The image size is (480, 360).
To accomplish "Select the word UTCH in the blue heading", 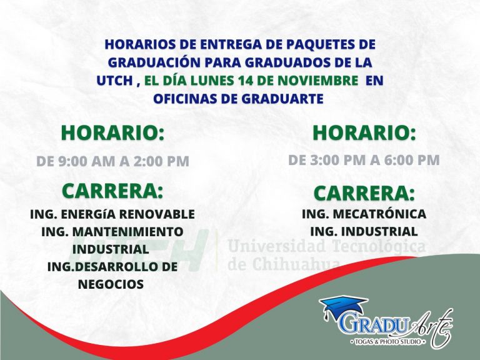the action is click(x=115, y=81).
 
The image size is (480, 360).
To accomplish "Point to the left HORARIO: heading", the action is click(x=112, y=133).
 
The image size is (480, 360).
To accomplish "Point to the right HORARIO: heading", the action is click(x=364, y=133).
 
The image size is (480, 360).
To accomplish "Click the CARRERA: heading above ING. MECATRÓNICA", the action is click(x=364, y=194).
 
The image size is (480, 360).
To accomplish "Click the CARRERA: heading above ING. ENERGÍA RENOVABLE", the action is click(x=112, y=191).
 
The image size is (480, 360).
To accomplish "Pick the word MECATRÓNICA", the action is click(x=379, y=214).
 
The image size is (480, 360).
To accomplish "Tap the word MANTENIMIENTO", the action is click(x=127, y=232).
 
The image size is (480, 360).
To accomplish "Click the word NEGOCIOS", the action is click(x=111, y=284).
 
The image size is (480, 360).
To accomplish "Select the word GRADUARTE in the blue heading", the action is click(x=282, y=99).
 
